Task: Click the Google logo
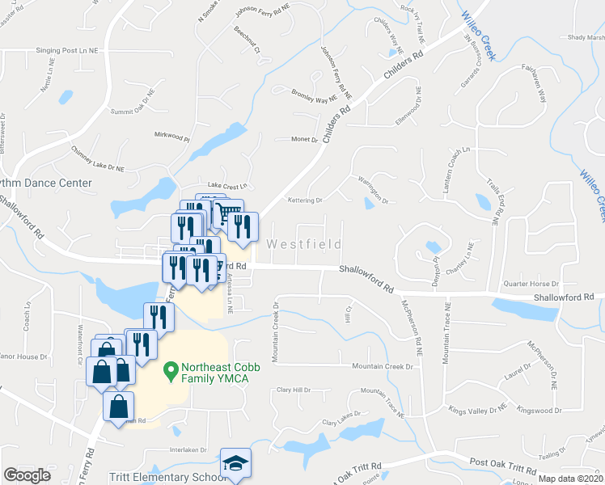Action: pos(27,475)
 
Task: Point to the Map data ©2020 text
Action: pos(570,479)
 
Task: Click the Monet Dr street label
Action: pos(305,139)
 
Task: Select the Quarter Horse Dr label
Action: pos(531,284)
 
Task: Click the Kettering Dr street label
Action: pos(305,200)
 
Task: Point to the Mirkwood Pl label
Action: pos(171,137)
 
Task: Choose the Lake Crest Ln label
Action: pos(226,185)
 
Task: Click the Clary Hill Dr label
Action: pos(294,390)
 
